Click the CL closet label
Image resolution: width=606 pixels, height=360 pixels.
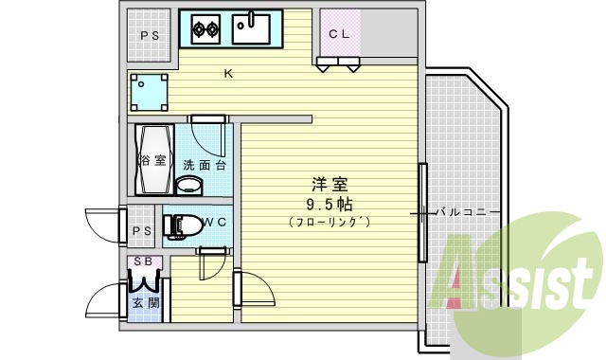tap(340, 34)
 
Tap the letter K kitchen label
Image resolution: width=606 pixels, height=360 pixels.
tap(228, 73)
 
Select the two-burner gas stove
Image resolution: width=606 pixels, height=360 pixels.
tap(206, 29)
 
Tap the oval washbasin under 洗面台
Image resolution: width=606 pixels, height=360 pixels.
tap(191, 184)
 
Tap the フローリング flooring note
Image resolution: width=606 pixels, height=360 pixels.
tap(329, 222)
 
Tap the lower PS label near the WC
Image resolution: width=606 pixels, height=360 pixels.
tap(142, 230)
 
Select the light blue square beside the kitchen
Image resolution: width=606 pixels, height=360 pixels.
tap(150, 92)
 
